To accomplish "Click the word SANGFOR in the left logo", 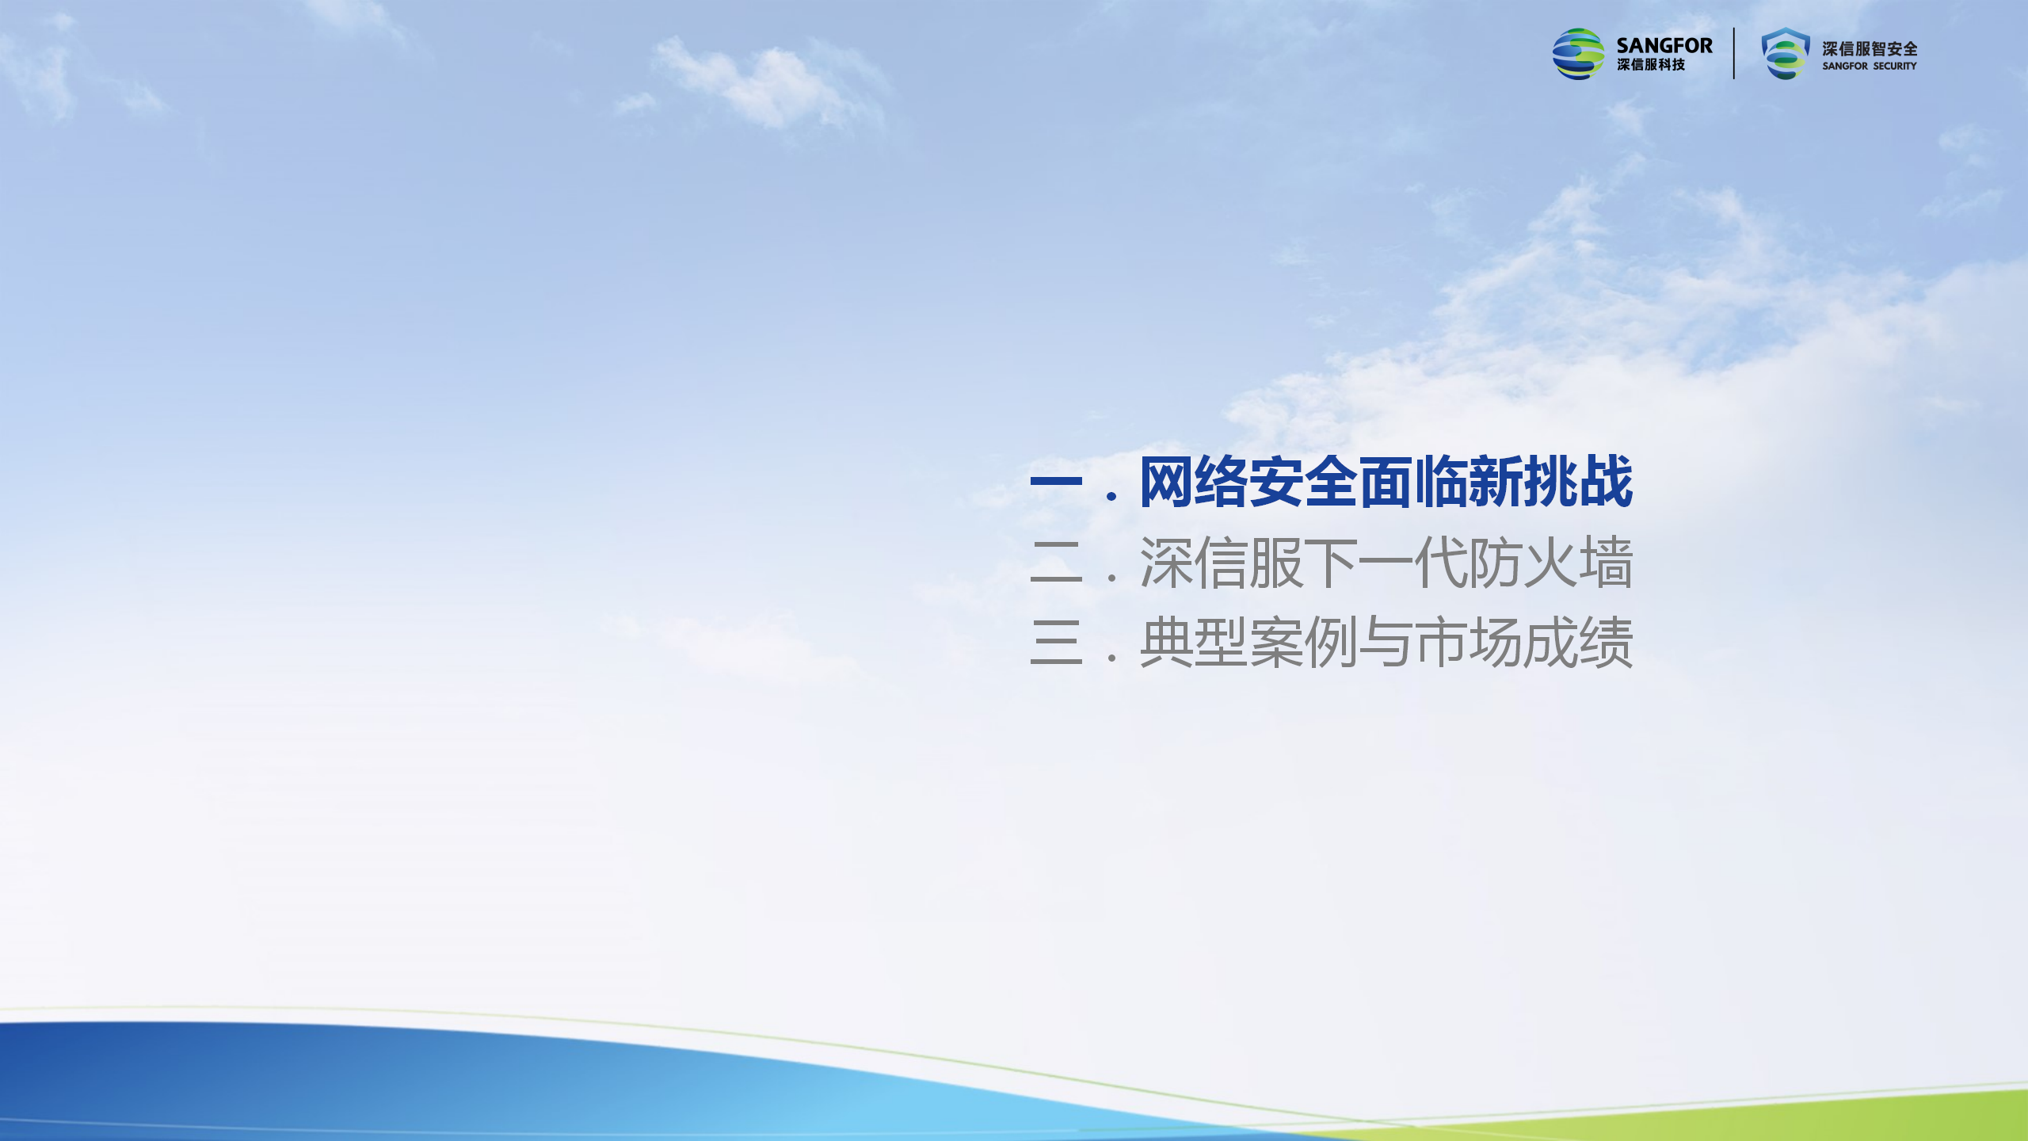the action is pyautogui.click(x=1664, y=46).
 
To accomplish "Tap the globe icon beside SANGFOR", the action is pyautogui.click(x=1578, y=54).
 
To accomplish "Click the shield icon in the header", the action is pyautogui.click(x=1786, y=54).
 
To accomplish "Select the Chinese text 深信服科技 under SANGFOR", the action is pyautogui.click(x=1651, y=65).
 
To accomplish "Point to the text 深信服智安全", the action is pyautogui.click(x=1870, y=49).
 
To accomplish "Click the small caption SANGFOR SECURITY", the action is pyautogui.click(x=1870, y=67).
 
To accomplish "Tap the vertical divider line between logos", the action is pyautogui.click(x=1734, y=54).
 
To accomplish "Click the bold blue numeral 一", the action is pyautogui.click(x=1056, y=480).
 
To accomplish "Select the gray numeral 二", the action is pyautogui.click(x=1056, y=562).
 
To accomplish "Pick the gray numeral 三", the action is pyautogui.click(x=1056, y=642).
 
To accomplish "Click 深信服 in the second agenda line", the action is pyautogui.click(x=1222, y=563).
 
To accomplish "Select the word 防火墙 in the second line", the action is pyautogui.click(x=1551, y=563).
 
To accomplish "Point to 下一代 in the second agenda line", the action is pyautogui.click(x=1386, y=563).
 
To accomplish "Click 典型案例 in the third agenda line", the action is pyautogui.click(x=1249, y=643).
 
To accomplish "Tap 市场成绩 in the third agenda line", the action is pyautogui.click(x=1524, y=643).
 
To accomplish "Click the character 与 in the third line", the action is pyautogui.click(x=1386, y=643).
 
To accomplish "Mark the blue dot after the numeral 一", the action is pyautogui.click(x=1112, y=497).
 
